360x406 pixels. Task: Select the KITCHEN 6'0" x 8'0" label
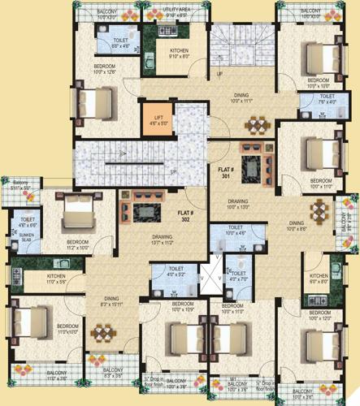[x=318, y=280]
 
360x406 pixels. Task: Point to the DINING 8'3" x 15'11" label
[x=103, y=301]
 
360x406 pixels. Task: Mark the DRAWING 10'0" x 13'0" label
[x=237, y=204]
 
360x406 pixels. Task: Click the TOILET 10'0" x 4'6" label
[x=236, y=230]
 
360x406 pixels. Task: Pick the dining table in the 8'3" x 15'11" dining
[x=102, y=334]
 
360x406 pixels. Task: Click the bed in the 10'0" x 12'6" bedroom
[x=91, y=103]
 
